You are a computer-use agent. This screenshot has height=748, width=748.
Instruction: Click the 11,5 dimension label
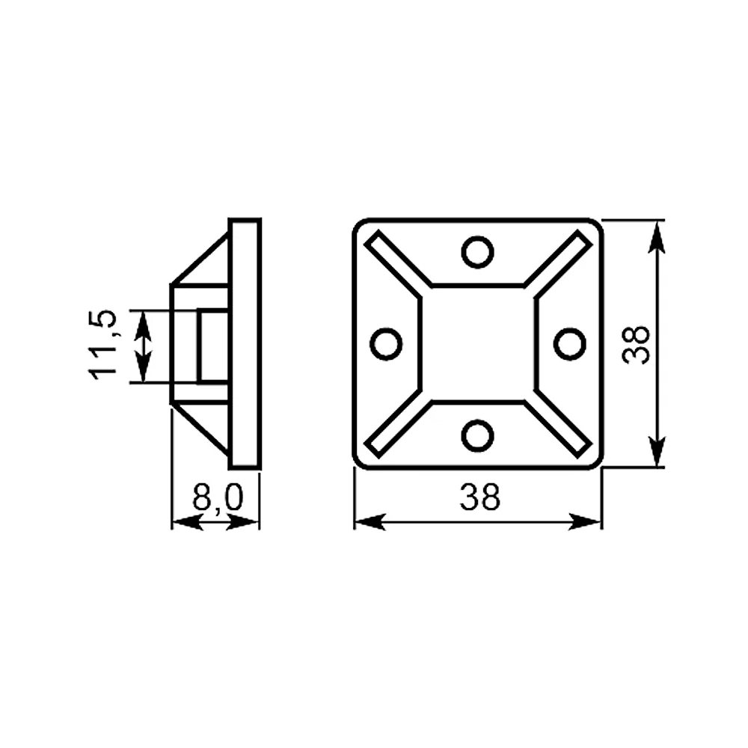pyautogui.click(x=102, y=344)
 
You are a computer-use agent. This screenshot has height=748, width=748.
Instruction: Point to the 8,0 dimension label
pyautogui.click(x=218, y=497)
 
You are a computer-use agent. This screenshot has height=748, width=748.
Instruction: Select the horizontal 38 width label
pyautogui.click(x=480, y=497)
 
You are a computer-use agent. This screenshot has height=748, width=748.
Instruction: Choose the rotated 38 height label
pyautogui.click(x=637, y=344)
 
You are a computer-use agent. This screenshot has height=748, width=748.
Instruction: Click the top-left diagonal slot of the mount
pyautogui.click(x=399, y=265)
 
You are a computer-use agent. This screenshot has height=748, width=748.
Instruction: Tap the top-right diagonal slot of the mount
pyautogui.click(x=558, y=265)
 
